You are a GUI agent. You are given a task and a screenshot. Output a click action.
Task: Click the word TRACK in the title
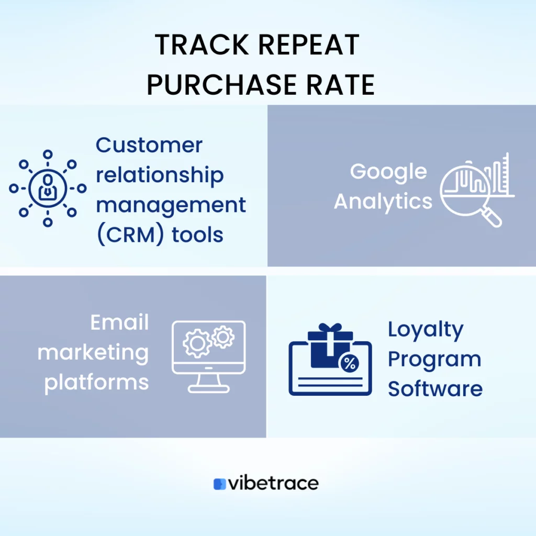pos(202,45)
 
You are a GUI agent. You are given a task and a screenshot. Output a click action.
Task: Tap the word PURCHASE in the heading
pos(221,85)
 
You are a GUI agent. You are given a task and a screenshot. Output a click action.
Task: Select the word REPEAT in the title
pos(309,45)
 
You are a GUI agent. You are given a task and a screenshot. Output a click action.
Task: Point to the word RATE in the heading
pos(340,85)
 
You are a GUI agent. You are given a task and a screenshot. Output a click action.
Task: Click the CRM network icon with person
pos(48,188)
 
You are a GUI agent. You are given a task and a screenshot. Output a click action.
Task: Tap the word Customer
pos(149,146)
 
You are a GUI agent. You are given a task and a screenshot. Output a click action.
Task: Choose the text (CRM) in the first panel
pos(130,234)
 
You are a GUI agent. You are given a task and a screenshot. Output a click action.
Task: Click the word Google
pos(388,172)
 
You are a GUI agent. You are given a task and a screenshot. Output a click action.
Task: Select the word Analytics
pos(383,202)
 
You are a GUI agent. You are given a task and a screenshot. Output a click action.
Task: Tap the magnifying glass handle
pos(492,218)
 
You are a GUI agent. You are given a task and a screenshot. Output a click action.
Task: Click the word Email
pos(120,322)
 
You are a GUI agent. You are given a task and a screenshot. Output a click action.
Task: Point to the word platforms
pos(97,383)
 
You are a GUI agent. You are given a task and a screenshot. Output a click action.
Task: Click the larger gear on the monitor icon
pos(197,343)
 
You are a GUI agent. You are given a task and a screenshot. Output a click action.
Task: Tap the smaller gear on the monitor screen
pos(223,338)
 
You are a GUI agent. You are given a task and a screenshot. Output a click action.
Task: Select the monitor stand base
pos(208,389)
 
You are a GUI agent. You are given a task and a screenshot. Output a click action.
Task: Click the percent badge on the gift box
pos(349,363)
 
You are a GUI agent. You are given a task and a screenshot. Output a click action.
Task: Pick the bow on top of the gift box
pos(330,328)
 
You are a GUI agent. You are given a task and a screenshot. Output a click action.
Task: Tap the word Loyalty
pos(426,330)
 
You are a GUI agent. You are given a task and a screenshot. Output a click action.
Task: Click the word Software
pos(435,389)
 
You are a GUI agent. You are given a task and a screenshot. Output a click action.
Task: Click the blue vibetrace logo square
pos(219,484)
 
